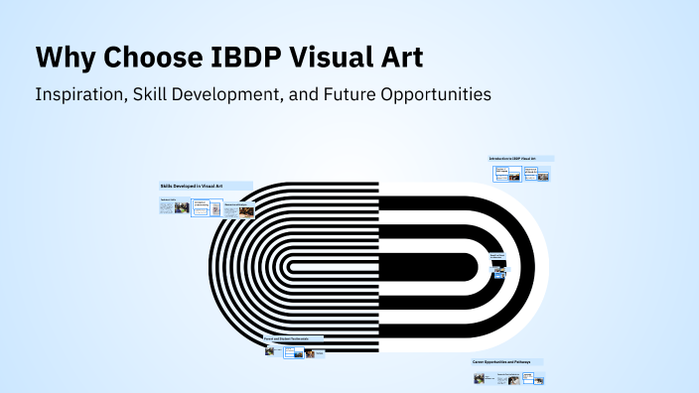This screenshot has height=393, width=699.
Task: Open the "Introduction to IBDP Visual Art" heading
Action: point(512,159)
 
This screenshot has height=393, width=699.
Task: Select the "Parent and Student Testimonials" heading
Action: point(289,338)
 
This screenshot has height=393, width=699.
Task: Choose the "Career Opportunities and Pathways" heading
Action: point(501,361)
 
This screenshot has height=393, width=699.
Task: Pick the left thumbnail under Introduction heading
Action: point(501,174)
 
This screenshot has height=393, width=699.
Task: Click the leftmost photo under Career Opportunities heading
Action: point(480,378)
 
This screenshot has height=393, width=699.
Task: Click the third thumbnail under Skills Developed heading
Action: point(236,209)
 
